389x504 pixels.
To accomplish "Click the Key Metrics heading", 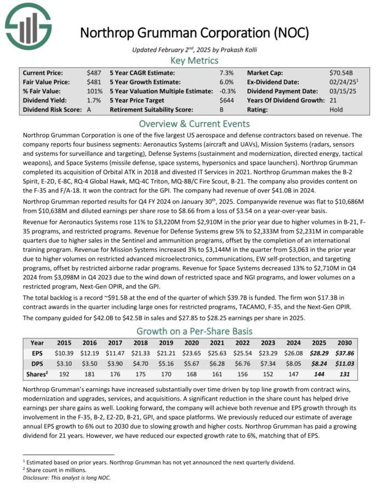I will click(195, 61).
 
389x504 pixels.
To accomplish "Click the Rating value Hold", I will click(336, 110).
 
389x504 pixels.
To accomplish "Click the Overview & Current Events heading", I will click(195, 123).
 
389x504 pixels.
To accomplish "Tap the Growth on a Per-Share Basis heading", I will click(195, 331).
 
